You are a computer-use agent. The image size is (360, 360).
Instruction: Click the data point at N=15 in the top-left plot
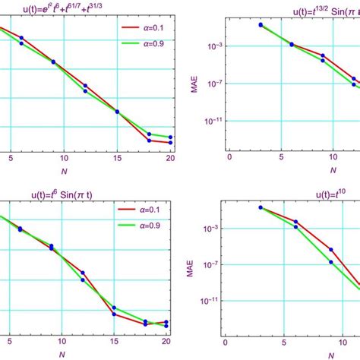pyautogui.click(x=117, y=112)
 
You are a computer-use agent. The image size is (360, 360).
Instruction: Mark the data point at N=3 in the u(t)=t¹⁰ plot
pyautogui.click(x=261, y=207)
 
